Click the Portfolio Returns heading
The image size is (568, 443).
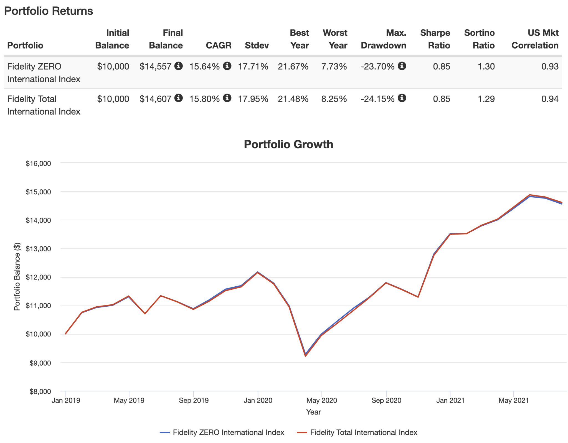(49, 11)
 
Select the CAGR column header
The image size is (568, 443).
(218, 45)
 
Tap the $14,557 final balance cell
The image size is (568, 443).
(155, 67)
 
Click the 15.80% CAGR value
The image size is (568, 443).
(204, 99)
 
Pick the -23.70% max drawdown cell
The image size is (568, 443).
(377, 67)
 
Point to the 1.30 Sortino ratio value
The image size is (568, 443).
(486, 67)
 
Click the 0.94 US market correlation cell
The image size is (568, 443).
(550, 99)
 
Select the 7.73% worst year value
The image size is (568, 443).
(334, 67)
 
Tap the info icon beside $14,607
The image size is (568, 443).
(179, 98)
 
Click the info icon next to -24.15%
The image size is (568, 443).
(402, 98)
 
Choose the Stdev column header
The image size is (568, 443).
(257, 45)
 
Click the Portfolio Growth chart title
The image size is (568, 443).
(288, 144)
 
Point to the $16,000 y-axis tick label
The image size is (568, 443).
(38, 164)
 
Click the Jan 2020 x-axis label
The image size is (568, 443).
(258, 400)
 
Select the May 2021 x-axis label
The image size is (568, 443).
(513, 400)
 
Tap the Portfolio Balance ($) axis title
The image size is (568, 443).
(17, 276)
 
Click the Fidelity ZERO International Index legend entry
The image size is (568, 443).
(228, 432)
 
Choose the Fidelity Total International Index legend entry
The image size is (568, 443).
(363, 432)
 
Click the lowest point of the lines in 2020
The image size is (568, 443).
(305, 355)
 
